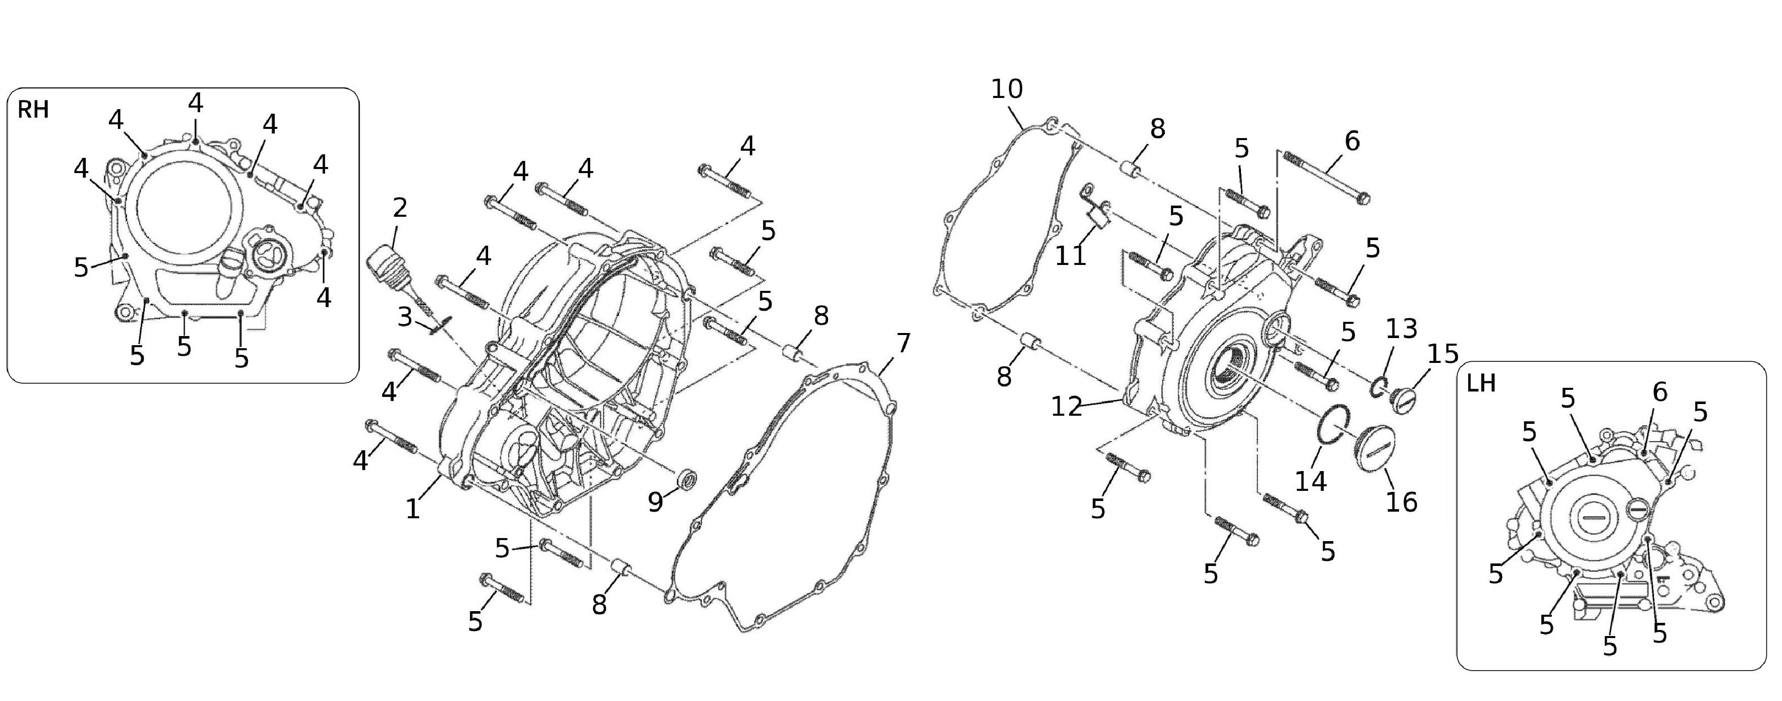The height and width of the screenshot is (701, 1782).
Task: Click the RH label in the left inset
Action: [33, 109]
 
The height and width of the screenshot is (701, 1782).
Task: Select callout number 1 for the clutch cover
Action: [413, 509]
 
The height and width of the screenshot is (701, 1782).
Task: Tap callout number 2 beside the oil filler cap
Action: [399, 208]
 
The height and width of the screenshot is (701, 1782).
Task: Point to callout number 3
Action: [405, 317]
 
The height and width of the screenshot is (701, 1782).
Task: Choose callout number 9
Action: [656, 502]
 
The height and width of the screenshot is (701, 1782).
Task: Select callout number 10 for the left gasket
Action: [1006, 89]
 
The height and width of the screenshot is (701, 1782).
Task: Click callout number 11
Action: [1070, 255]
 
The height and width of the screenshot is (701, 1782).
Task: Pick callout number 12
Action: [1066, 407]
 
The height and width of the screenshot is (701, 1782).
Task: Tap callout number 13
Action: [1402, 328]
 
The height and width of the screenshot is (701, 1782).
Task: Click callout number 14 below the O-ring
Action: [1311, 481]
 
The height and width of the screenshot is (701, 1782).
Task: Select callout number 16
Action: [1402, 502]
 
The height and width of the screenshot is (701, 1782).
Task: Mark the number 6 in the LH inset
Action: [1660, 392]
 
